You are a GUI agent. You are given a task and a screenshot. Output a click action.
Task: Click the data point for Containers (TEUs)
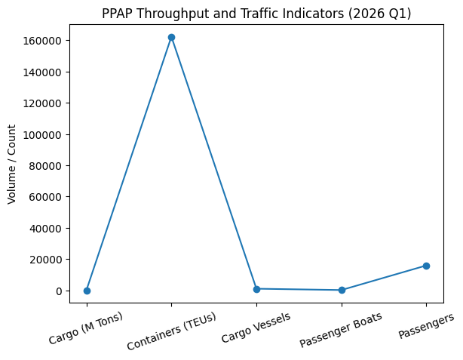(171, 37)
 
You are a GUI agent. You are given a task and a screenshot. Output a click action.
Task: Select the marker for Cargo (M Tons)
(87, 291)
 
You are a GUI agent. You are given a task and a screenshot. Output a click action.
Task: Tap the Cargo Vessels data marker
(256, 289)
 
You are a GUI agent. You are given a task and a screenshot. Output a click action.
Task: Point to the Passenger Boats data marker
(342, 290)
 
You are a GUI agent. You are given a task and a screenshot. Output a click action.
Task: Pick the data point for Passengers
(426, 266)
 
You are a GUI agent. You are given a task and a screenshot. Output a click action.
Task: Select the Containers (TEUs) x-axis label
(172, 331)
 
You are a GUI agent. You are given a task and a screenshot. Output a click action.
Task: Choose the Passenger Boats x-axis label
(341, 330)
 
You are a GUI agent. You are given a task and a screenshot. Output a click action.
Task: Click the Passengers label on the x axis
(425, 325)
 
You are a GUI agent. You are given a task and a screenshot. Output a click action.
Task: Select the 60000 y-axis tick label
(49, 197)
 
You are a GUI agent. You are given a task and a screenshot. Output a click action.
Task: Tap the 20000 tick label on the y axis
(49, 260)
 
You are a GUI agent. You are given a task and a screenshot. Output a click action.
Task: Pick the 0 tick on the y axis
(60, 291)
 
